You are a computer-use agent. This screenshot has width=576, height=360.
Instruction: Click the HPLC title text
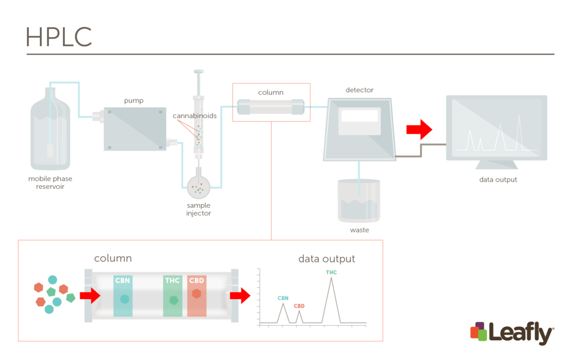[x=58, y=37]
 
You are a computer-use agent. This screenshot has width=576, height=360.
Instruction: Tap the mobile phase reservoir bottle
[x=51, y=132]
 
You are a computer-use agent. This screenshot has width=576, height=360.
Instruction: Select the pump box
[x=135, y=129]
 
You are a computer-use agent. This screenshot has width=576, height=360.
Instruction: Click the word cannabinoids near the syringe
[x=195, y=115]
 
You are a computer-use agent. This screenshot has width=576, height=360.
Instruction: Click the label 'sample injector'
[x=199, y=209]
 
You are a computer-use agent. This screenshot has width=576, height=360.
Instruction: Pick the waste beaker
[x=359, y=201]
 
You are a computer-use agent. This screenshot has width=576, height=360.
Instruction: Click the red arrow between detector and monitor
[x=419, y=129]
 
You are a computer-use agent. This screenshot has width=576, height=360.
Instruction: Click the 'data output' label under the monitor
[x=498, y=179]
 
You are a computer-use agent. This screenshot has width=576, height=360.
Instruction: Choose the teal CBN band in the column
[x=124, y=295]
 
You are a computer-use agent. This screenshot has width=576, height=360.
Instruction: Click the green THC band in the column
[x=173, y=295]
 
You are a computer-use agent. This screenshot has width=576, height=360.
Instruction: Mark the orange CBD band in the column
[x=197, y=295]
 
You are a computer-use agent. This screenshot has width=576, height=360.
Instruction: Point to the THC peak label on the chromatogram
[x=331, y=273]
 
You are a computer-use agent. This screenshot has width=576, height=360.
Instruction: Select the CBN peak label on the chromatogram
[x=283, y=298]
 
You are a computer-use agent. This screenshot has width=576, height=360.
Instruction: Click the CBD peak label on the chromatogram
[x=299, y=306]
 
